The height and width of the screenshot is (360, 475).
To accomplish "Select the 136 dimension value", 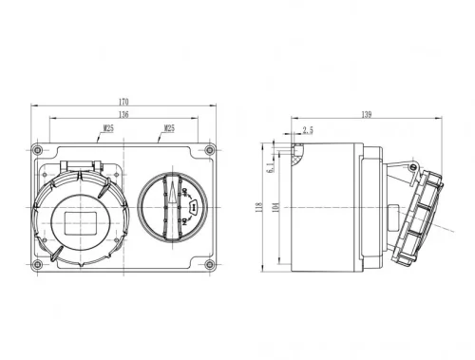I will [123, 113].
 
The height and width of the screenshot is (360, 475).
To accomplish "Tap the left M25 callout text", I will [108, 127].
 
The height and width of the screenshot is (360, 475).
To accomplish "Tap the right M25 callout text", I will [168, 127].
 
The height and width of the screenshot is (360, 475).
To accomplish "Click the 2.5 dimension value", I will [308, 131].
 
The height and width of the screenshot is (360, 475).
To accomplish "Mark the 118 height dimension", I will [259, 209].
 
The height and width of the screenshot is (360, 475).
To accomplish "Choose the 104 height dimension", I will [275, 209].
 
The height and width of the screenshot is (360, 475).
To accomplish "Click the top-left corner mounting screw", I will [37, 151].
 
